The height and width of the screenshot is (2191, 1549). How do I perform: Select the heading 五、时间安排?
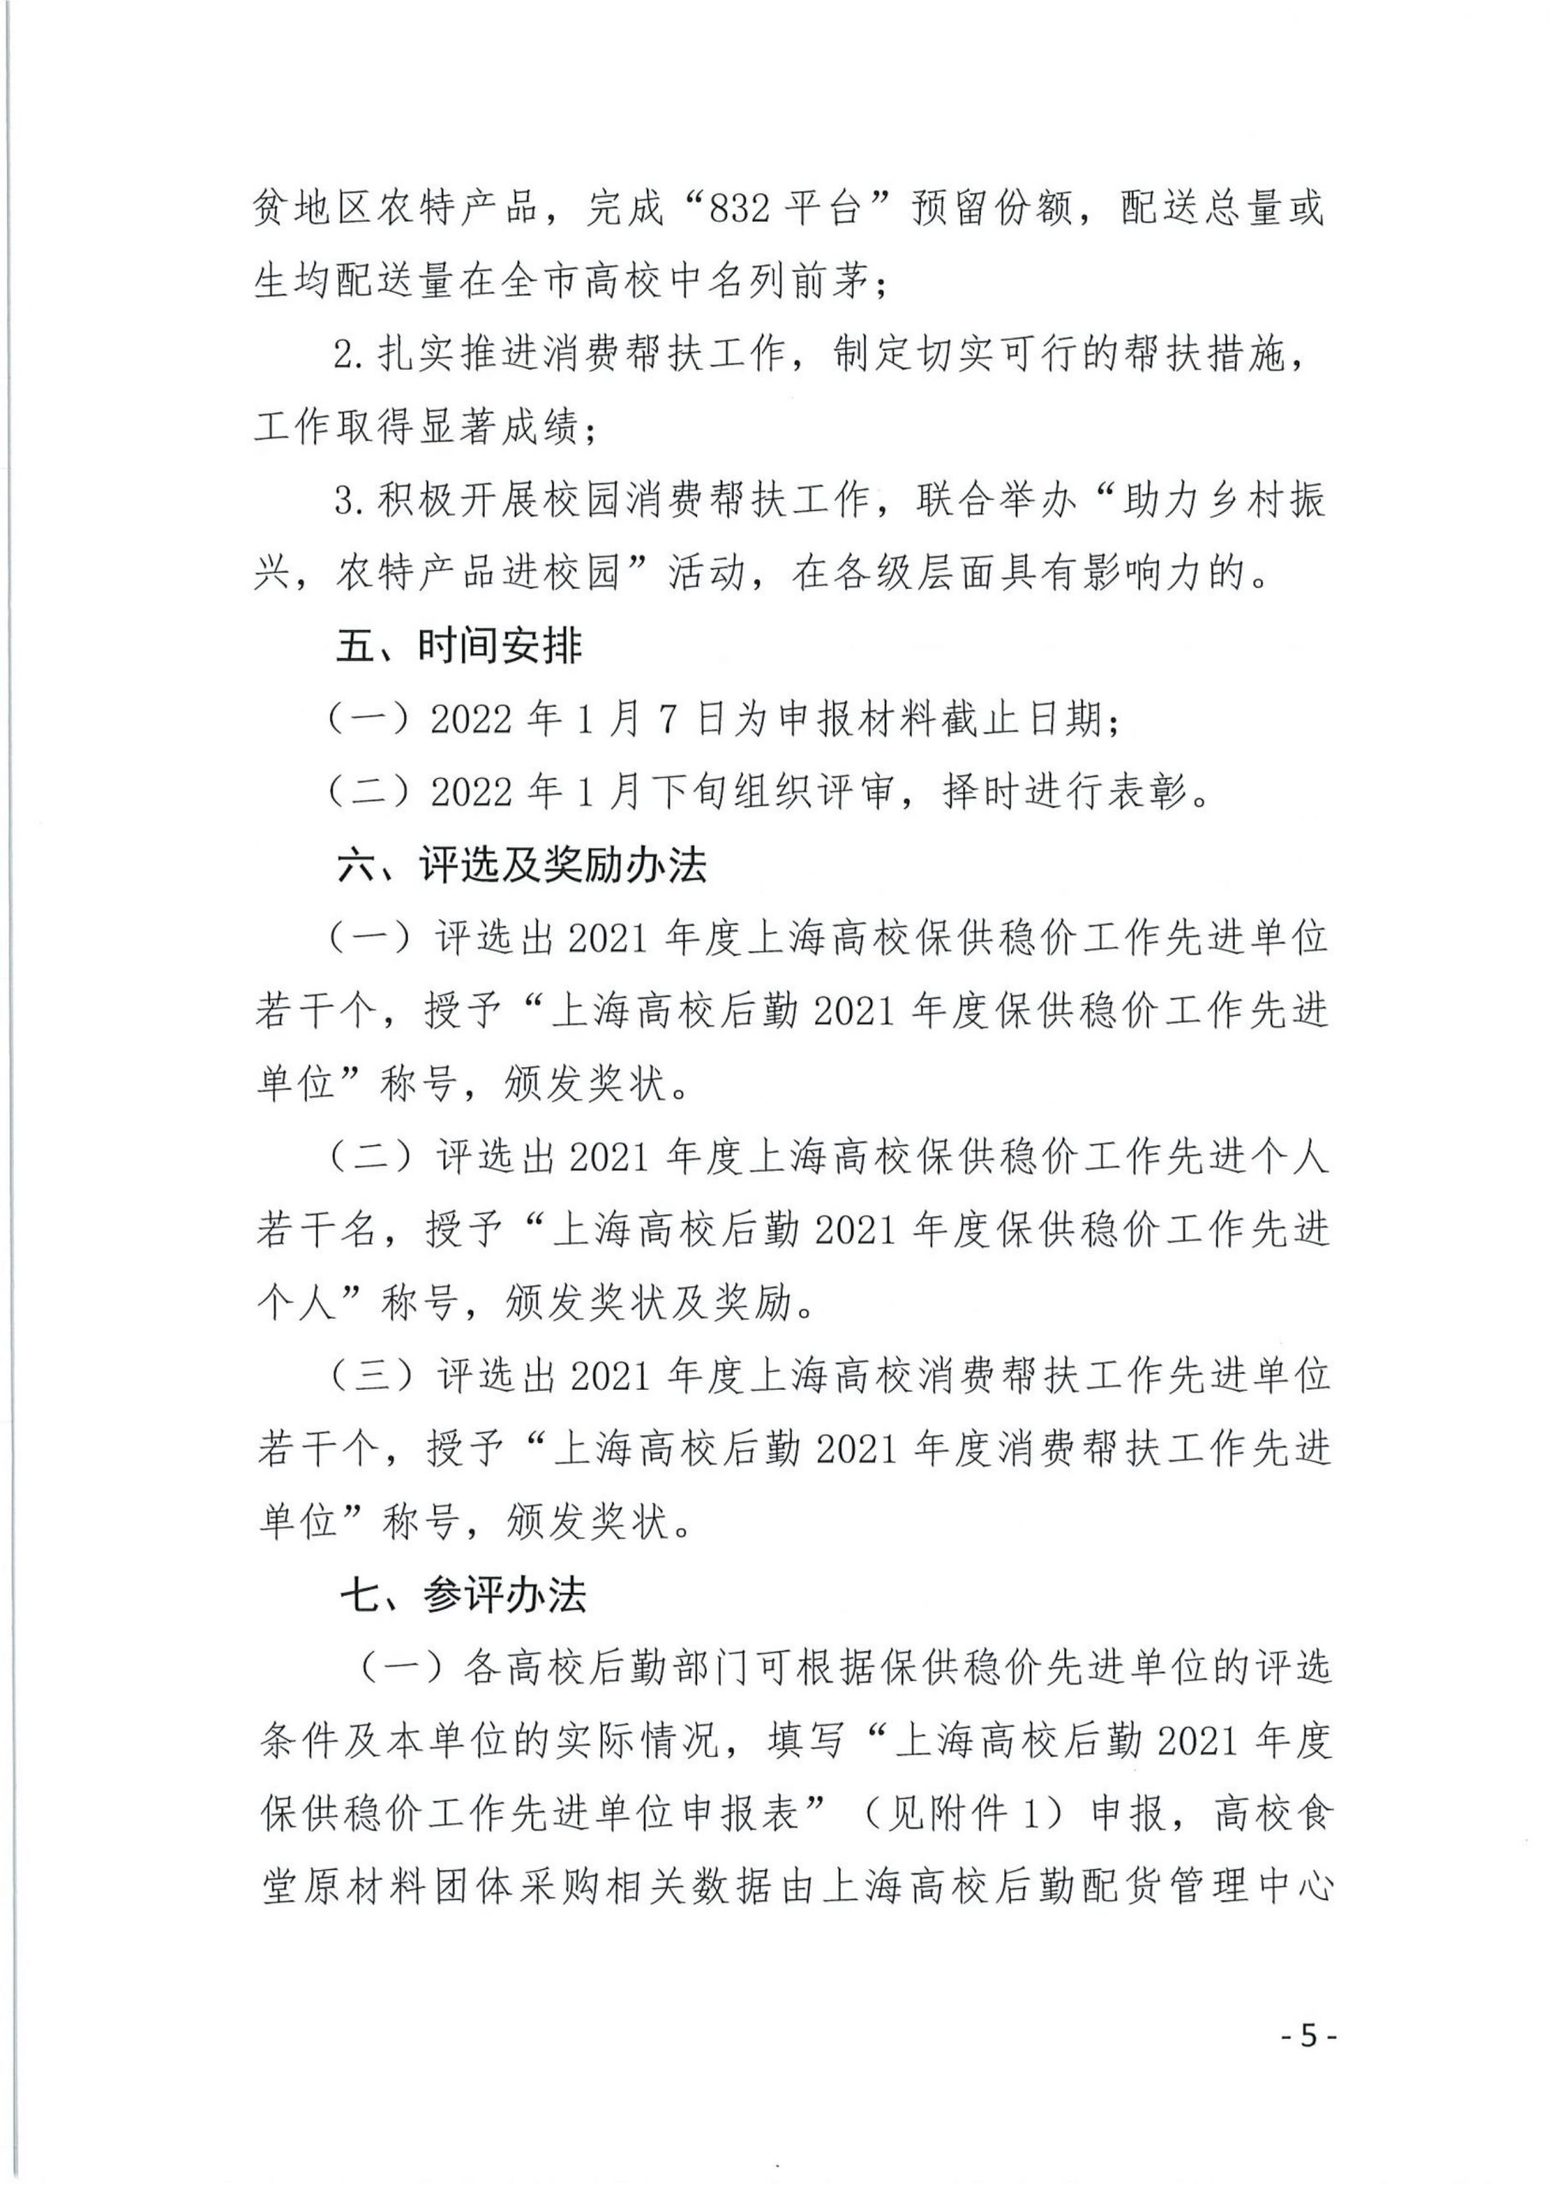pos(458,647)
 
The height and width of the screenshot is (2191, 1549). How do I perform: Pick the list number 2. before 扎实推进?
pos(350,356)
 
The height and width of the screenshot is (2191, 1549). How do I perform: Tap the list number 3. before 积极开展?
pos(350,501)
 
